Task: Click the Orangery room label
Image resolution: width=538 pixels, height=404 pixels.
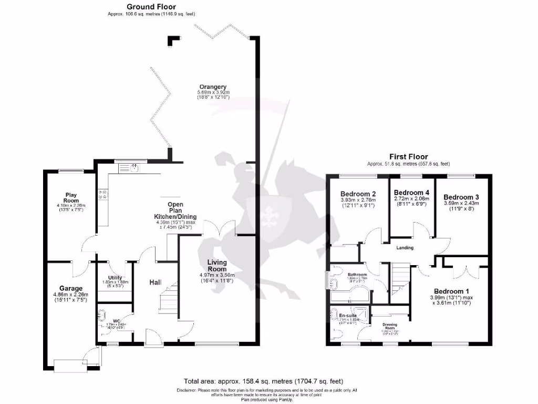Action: [x=213, y=87]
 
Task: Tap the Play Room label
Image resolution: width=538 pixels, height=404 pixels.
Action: [x=71, y=198]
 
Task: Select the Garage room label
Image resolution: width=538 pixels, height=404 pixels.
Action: [x=70, y=289]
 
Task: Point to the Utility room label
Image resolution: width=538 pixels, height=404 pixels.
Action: [x=115, y=278]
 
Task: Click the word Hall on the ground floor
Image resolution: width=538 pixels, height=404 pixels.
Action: [x=155, y=283]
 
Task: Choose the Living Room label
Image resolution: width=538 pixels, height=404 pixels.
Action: [x=216, y=266]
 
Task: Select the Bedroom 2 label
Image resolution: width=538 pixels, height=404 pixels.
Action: [x=357, y=193]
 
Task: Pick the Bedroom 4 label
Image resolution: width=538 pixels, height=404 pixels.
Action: [x=411, y=193]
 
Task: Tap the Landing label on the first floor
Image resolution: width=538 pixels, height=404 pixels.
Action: [x=405, y=248]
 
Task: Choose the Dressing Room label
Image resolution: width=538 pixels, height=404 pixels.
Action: [x=389, y=326]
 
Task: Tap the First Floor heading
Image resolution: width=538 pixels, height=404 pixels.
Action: [x=408, y=157]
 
